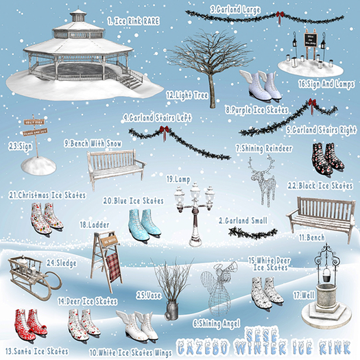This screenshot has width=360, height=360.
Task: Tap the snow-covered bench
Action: point(115,165)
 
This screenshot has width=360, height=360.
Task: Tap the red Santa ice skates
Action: point(29,322)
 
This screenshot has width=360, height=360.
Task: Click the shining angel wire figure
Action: point(215,291)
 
